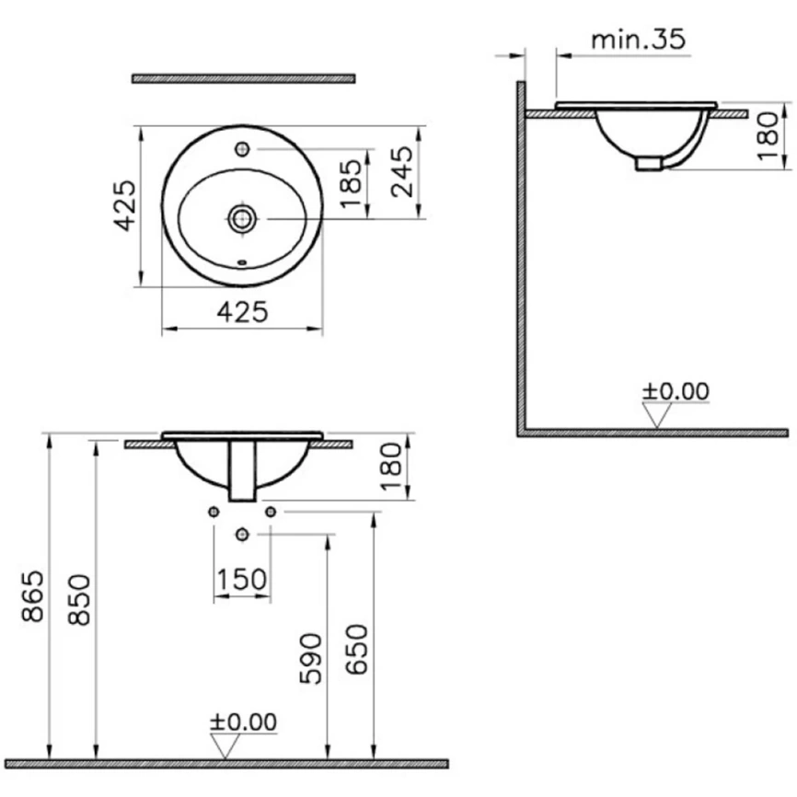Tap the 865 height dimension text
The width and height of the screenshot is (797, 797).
[x=33, y=596]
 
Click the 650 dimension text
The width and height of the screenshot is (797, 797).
[x=356, y=651]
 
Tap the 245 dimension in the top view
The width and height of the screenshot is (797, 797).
[x=401, y=172]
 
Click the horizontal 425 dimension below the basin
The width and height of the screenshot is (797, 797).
[x=242, y=312]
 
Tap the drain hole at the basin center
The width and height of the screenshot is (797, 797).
[x=242, y=218]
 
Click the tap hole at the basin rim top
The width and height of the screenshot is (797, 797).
[x=242, y=147]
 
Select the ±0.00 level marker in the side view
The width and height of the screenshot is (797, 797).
[x=676, y=391]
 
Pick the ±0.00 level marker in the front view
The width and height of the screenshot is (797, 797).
[x=242, y=722]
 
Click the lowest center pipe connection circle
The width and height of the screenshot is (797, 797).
[x=242, y=534]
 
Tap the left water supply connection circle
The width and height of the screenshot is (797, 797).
[x=214, y=511]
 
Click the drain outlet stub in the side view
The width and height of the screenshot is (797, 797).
[x=649, y=164]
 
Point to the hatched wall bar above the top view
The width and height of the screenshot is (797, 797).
[x=243, y=79]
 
